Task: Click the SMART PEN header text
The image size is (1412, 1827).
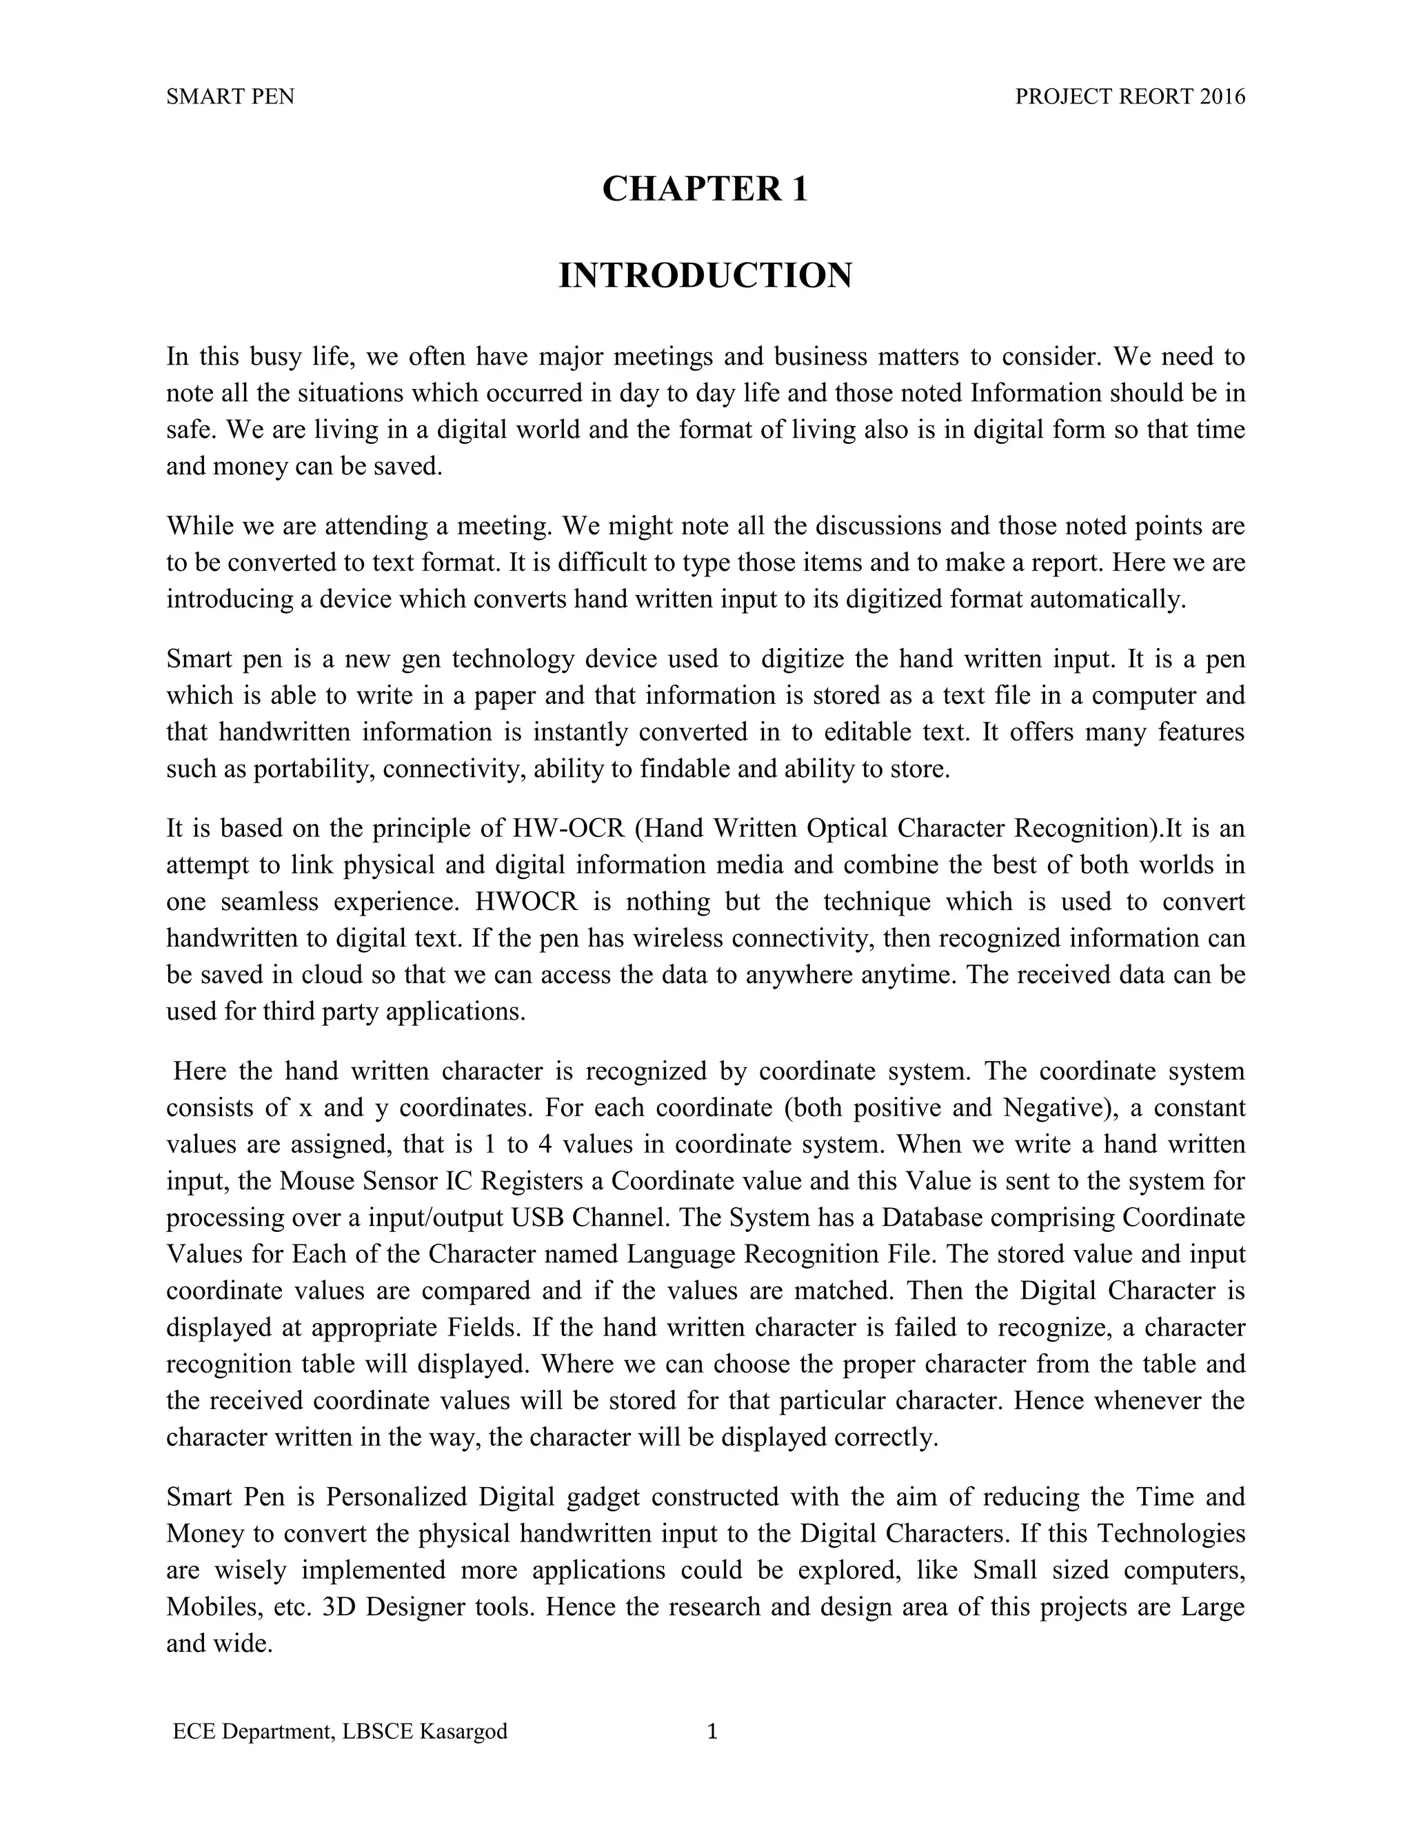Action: (230, 97)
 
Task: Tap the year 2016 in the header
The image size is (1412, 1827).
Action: (1222, 97)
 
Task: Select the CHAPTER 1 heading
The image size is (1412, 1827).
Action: (705, 189)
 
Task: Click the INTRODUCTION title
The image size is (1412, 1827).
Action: (705, 276)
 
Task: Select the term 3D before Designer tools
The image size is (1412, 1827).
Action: (340, 1607)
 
